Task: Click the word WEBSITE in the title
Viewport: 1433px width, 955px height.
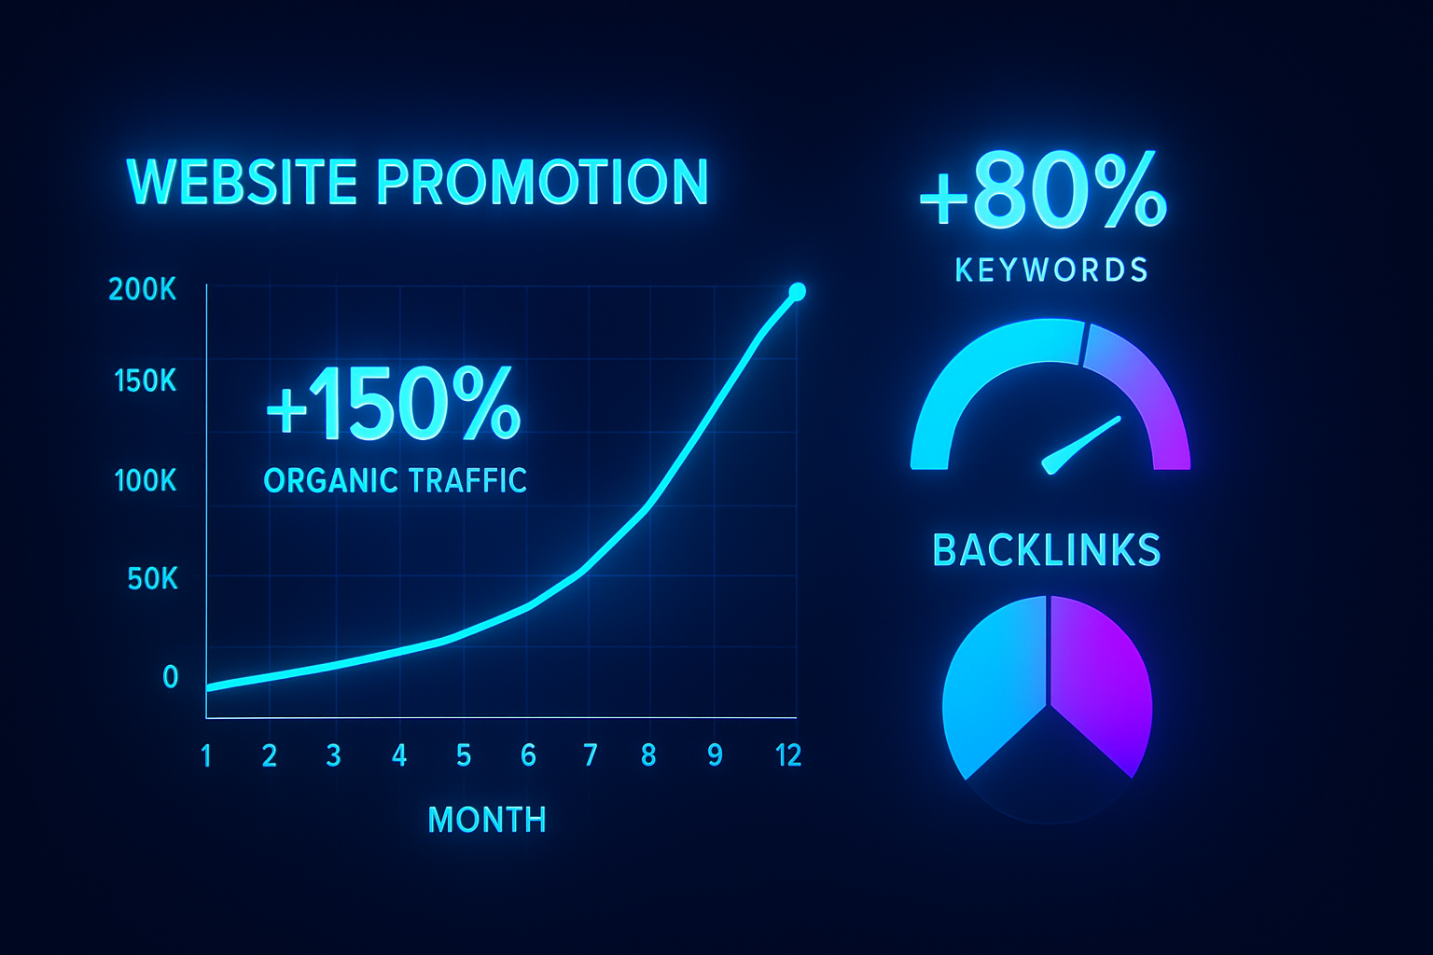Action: [x=242, y=182]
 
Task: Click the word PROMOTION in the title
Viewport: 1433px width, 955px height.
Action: [x=542, y=182]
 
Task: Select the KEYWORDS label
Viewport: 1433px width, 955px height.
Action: [x=1051, y=270]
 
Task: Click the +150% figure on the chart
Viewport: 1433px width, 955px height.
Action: [x=394, y=404]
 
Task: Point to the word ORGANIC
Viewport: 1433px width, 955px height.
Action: [x=328, y=480]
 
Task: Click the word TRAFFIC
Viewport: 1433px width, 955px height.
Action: [x=467, y=480]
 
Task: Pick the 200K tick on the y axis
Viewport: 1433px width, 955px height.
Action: [x=142, y=290]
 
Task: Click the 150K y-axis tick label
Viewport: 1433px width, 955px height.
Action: [x=145, y=381]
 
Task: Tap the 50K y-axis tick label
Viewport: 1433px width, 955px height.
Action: [x=152, y=579]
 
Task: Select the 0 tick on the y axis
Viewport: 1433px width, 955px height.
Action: [x=170, y=677]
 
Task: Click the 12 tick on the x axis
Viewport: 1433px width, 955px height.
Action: [x=788, y=756]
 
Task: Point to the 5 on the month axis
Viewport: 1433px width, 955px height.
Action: [x=464, y=756]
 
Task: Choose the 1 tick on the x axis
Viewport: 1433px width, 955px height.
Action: [x=206, y=756]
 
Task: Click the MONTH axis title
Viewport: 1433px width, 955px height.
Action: [x=487, y=820]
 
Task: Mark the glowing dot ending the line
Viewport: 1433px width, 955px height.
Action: [x=797, y=292]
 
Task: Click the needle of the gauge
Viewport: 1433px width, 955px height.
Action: [x=1081, y=446]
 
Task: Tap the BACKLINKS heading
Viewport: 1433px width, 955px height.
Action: [x=1047, y=550]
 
